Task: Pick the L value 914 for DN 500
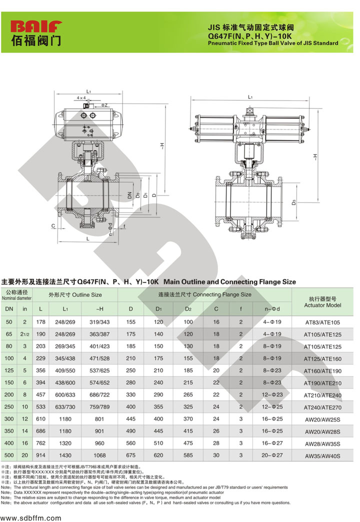41,455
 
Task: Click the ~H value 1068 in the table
99,455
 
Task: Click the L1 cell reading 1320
65,443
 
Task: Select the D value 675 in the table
131,455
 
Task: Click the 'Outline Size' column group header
75,295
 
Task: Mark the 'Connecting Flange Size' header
204,295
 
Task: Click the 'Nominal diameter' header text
16,298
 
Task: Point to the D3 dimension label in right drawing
294,201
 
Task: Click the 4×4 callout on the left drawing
81,98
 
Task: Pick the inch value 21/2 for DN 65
25,334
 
